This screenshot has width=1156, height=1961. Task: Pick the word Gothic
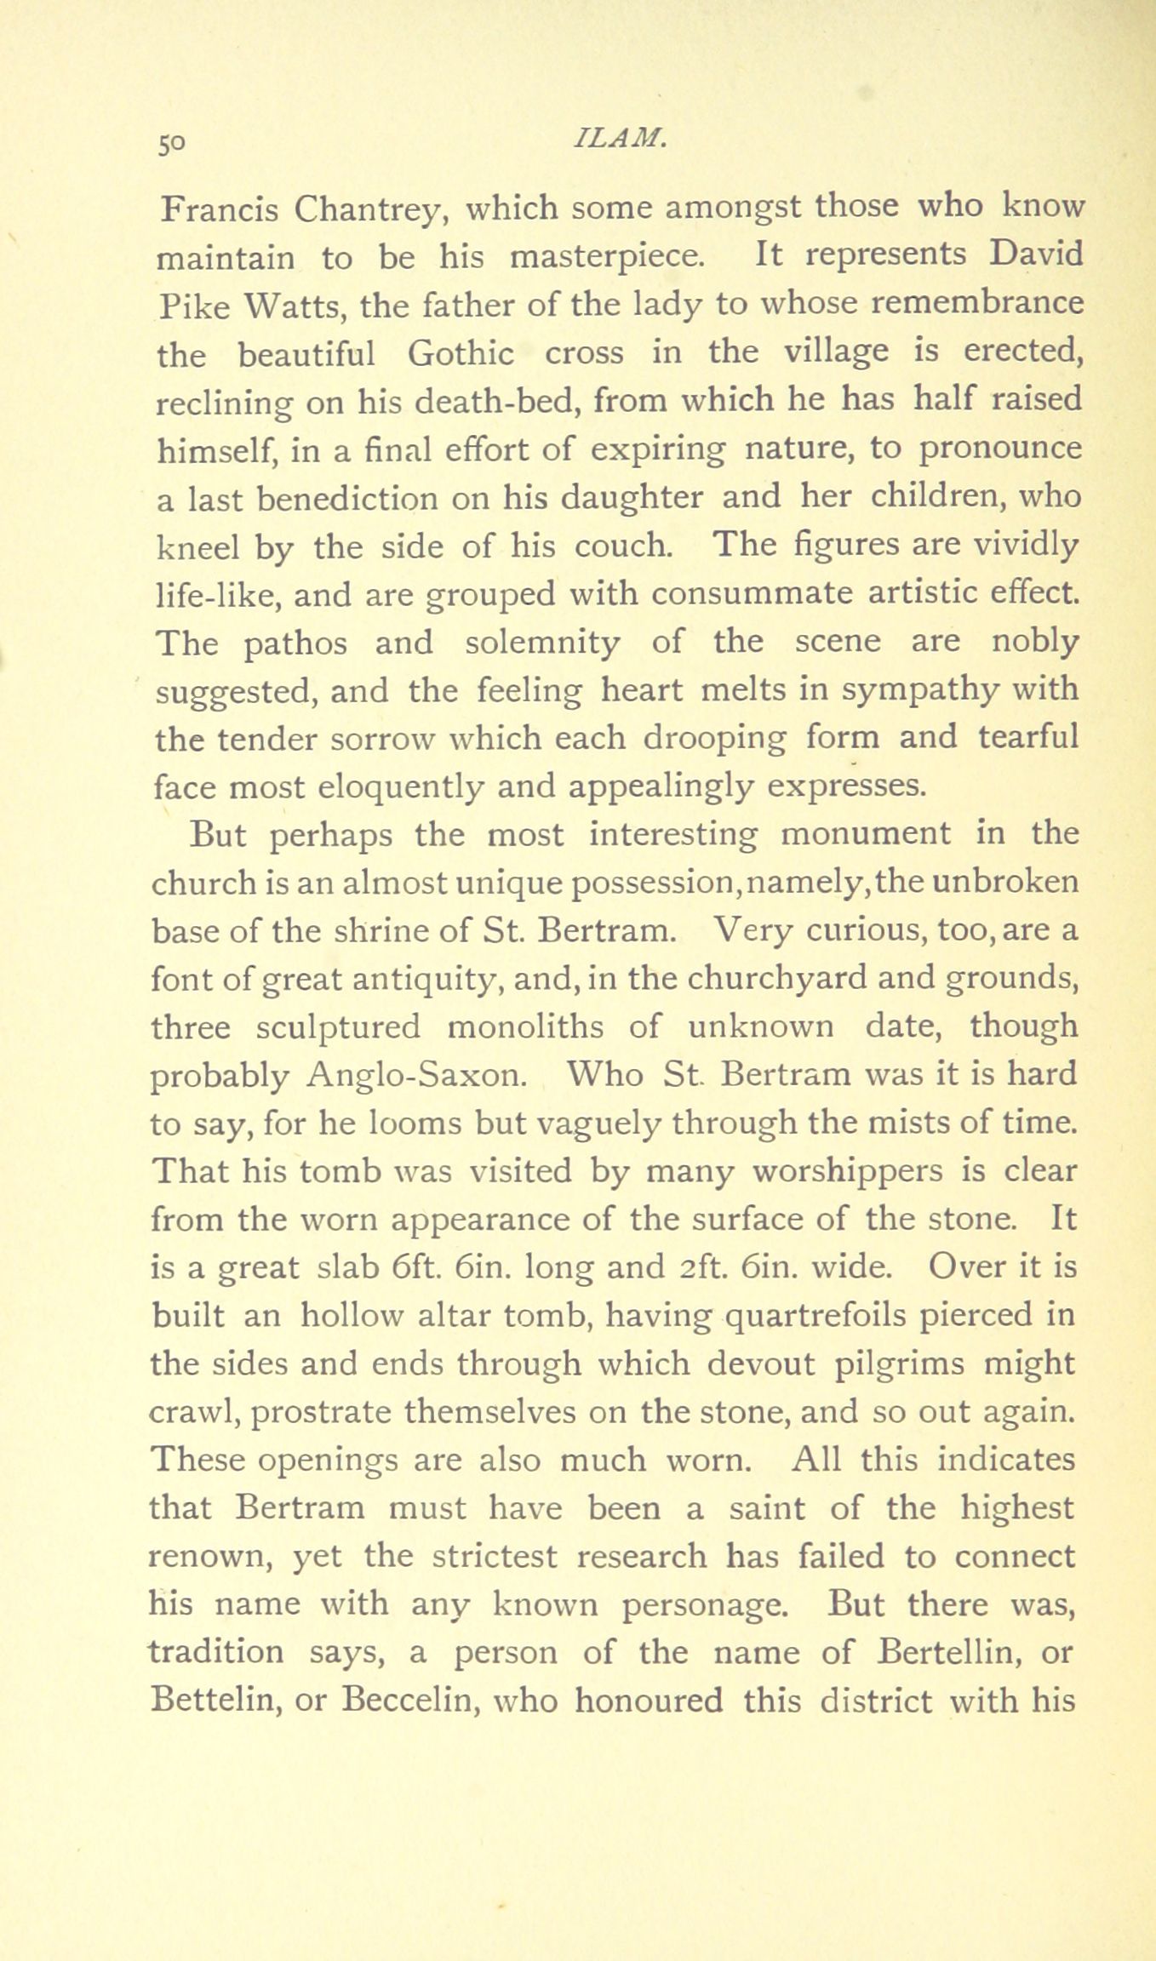pos(461,353)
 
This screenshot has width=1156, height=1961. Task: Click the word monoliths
pos(526,1027)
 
